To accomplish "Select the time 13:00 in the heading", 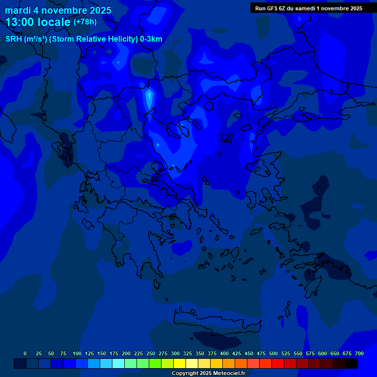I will (21, 22).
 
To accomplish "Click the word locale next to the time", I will (55, 22).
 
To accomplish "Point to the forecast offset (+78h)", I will (85, 22).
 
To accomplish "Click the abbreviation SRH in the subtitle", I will (14, 39).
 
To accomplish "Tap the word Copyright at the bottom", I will (185, 374).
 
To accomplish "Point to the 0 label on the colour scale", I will (25, 353).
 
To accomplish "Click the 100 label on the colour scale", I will (77, 353).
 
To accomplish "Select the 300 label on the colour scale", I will (175, 353).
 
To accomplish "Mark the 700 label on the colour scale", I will (359, 353).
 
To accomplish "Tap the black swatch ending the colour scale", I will (351, 364).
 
